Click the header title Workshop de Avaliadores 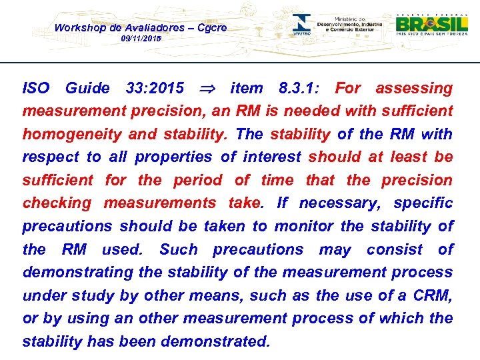tap(140, 27)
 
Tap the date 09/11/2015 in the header tap(141, 39)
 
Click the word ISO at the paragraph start tap(35, 88)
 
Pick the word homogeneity tap(73, 134)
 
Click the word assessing tap(413, 88)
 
